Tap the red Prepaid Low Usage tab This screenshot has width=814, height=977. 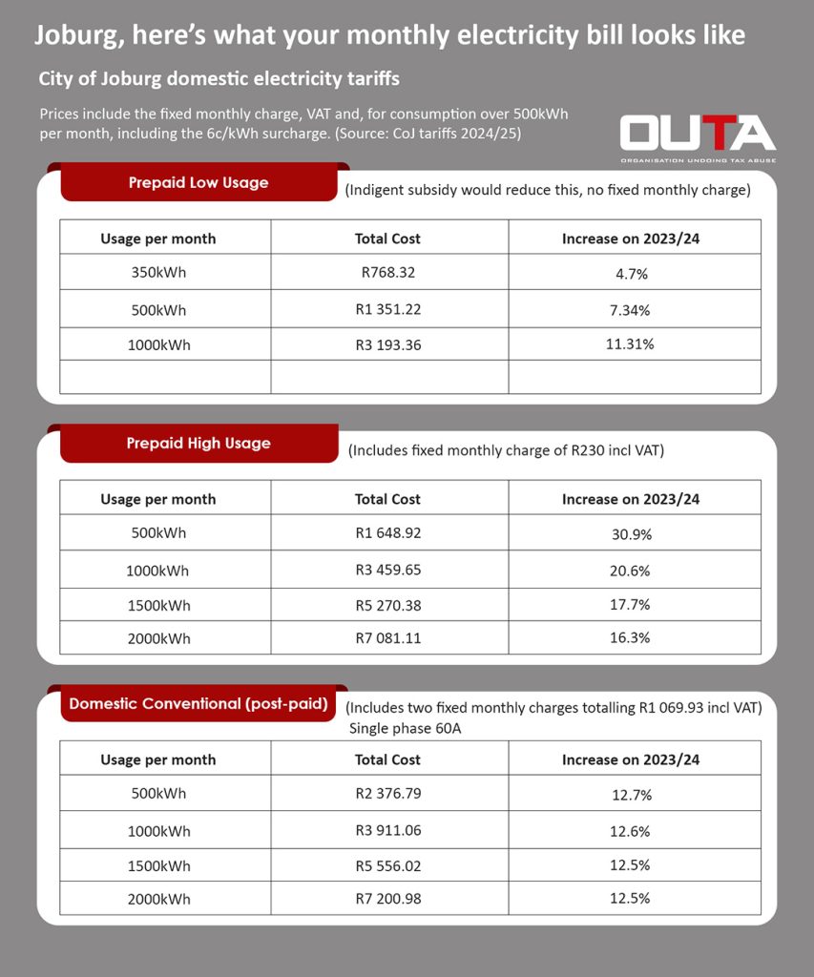[x=198, y=182]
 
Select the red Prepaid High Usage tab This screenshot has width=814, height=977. [x=198, y=443]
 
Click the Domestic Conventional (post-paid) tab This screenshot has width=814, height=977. [x=198, y=704]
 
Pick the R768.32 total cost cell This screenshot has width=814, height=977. [x=387, y=273]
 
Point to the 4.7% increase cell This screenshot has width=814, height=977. [x=631, y=274]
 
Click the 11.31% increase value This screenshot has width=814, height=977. [x=631, y=344]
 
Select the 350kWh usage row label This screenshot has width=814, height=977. [x=158, y=273]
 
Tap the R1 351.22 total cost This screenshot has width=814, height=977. [x=387, y=309]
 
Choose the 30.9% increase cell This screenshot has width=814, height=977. [x=631, y=534]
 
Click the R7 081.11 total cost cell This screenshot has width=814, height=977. [x=387, y=637]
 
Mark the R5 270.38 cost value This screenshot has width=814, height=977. [x=387, y=605]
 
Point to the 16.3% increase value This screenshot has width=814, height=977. [x=631, y=638]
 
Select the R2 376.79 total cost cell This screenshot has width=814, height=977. [x=387, y=794]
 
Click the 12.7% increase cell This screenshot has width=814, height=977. [x=631, y=795]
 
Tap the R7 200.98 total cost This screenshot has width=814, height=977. [x=387, y=898]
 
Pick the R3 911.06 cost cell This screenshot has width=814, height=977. [x=387, y=830]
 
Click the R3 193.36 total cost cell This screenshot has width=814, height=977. [x=387, y=344]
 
